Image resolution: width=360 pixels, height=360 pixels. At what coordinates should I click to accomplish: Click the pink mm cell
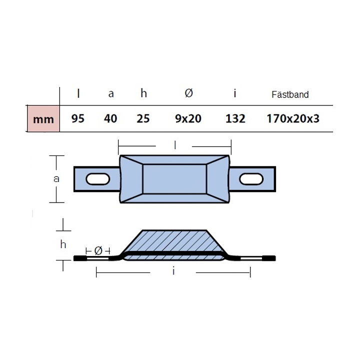tap(43, 118)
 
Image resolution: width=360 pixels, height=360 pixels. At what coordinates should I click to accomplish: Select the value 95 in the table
tap(78, 118)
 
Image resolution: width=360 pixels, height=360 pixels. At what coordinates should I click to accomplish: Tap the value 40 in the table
tap(110, 118)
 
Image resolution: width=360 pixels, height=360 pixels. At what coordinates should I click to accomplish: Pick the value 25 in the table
tap(143, 118)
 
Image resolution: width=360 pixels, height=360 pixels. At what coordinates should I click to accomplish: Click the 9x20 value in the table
tap(188, 118)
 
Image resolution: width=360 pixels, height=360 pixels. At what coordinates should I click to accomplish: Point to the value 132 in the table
tap(235, 118)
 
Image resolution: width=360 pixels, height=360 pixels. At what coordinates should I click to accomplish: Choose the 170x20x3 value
tap(293, 118)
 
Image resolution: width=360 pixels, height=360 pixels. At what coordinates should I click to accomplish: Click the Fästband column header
tap(290, 94)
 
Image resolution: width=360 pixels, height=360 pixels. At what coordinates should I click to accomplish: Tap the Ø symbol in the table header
tap(188, 93)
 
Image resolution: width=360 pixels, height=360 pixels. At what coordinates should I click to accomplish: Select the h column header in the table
tap(143, 93)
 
